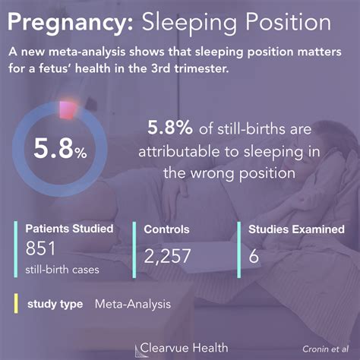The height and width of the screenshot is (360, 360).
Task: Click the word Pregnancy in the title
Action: tap(70, 24)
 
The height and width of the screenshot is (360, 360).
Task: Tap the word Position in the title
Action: tap(288, 21)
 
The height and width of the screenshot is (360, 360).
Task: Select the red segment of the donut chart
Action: tap(68, 110)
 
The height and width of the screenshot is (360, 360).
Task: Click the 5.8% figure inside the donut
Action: tap(60, 149)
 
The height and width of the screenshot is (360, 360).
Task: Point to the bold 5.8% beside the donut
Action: tap(170, 127)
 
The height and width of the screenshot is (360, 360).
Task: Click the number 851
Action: tap(40, 248)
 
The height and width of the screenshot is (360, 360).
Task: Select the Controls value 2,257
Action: tap(167, 256)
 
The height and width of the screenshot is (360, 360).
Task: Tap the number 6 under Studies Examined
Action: tap(254, 256)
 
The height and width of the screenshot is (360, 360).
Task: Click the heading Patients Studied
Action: tap(69, 229)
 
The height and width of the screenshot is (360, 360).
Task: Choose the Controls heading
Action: tap(166, 229)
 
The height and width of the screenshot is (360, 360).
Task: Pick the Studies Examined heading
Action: tap(296, 229)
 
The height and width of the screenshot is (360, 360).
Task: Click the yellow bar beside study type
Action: tap(16, 304)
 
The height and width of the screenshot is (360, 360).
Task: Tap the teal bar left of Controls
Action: tap(134, 250)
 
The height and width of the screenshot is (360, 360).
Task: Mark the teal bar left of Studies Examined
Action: tap(239, 250)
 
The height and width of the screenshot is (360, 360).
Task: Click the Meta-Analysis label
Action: tap(133, 304)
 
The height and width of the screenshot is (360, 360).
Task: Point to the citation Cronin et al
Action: tap(326, 349)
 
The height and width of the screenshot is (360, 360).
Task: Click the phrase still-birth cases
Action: tap(62, 270)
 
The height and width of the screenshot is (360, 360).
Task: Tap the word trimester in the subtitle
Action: tap(201, 68)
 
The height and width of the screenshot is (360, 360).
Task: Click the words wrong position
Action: tap(243, 174)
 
